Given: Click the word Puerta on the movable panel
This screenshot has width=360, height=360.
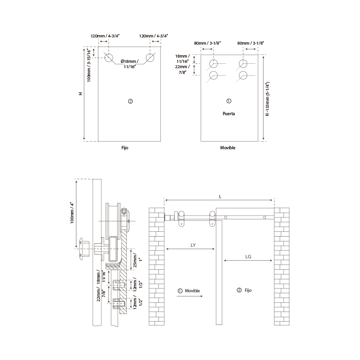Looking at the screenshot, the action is point(228,114).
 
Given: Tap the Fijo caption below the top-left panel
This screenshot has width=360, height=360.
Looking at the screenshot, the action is point(125,148).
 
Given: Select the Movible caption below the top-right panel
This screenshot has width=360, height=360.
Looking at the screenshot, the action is point(228,148).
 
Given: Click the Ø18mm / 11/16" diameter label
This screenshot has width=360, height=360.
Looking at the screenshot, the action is point(130,64).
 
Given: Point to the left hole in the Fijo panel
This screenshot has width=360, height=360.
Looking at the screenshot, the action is point(108,58).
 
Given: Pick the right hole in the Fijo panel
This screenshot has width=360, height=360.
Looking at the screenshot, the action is point(150,58).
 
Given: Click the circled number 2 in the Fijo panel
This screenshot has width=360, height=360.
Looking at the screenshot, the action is point(130,101).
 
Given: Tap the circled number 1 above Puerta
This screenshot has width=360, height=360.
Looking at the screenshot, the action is point(228,101).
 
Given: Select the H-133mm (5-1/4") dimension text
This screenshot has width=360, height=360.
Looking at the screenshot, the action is point(267,99).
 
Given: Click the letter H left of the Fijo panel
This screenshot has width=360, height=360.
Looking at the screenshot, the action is point(81,94).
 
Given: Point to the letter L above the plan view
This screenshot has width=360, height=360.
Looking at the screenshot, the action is point(220,197).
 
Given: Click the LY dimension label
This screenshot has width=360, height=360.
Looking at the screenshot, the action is point(193,245).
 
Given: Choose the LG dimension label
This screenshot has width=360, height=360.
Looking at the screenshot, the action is point(248,257).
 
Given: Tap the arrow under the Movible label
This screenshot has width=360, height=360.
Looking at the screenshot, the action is point(190,296).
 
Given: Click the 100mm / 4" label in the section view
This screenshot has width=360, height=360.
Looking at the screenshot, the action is point(72,213).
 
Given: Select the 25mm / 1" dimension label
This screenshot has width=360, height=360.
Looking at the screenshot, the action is point(138,260).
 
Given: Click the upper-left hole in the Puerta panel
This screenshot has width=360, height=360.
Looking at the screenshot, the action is point(214,63).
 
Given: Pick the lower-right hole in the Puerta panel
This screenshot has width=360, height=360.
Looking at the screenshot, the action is point(243,75).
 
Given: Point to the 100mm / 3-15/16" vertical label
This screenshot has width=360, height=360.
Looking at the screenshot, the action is point(89,65).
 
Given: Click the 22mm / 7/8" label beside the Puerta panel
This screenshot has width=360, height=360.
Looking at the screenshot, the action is point(182,70).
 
